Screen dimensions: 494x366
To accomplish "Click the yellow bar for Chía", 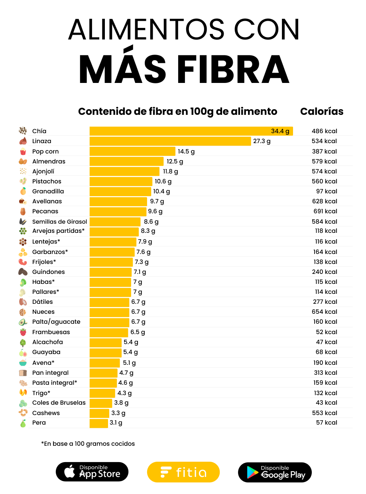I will coord(191,131).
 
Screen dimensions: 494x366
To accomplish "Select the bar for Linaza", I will coord(170,141).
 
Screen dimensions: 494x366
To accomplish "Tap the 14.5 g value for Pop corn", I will coord(186,152).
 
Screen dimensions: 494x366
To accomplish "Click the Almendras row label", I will coord(49,161).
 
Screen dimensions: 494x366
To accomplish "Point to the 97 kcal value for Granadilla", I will coord(327,191).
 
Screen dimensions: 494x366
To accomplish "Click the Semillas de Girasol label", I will coord(59,222).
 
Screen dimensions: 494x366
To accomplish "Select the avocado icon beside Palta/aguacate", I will coord(23,322).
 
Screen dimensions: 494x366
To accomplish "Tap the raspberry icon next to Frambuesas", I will coord(23,332).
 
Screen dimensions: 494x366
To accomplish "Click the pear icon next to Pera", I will coord(23,423).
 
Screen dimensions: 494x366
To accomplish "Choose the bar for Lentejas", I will coord(113,242).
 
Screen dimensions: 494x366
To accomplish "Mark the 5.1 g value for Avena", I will coord(129,363).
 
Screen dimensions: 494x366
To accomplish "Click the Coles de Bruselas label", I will coord(59,403).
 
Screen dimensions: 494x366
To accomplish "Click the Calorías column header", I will coord(322,111).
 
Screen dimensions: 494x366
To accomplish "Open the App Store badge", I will coord(92,472).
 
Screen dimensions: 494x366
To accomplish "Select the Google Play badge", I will coord(275,472).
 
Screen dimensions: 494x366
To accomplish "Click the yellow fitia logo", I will coord(183,472).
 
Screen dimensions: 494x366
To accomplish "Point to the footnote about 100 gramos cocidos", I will coord(88,444).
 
